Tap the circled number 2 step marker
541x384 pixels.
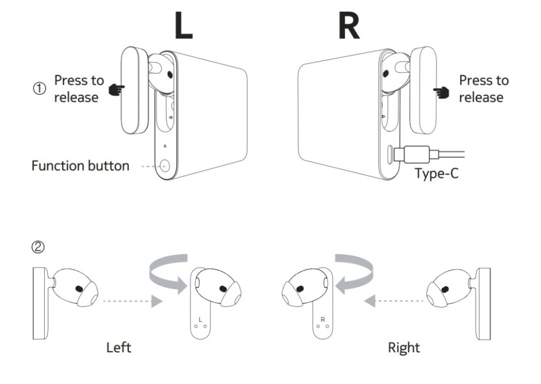coord(38,247)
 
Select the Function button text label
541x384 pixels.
coord(80,167)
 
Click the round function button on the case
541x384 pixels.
coord(165,167)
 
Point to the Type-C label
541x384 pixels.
coord(437,173)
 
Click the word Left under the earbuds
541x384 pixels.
coord(119,347)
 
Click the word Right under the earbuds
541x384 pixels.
coord(404,347)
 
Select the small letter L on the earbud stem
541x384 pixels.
coord(200,320)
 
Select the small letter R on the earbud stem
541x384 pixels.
coord(322,320)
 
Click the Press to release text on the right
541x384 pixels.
coord(483,89)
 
